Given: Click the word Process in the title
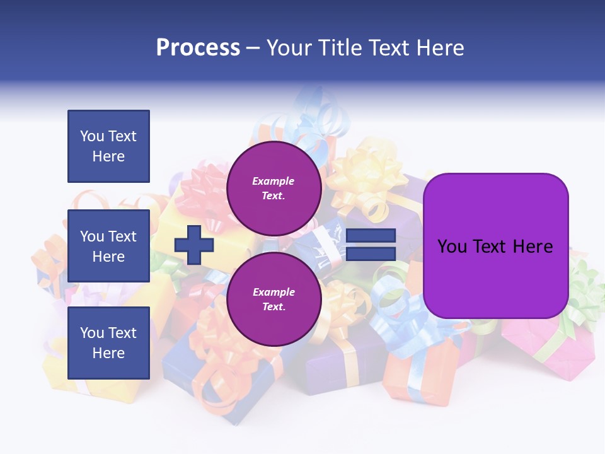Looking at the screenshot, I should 198,48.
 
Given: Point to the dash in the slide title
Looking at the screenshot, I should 253,49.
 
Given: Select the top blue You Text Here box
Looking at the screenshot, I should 108,146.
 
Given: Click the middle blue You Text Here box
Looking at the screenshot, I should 108,246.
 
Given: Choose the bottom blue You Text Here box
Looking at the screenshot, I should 108,342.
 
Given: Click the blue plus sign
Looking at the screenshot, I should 194,245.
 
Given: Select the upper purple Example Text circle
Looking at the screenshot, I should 274,189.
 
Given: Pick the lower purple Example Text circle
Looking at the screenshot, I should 274,300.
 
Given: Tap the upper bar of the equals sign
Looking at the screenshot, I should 371,235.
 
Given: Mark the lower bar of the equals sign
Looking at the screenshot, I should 371,253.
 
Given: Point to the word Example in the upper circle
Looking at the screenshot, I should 274,181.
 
